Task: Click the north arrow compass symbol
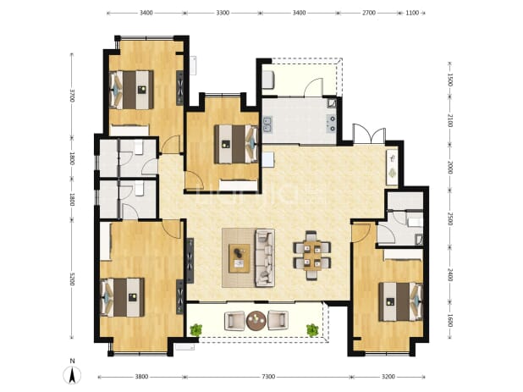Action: click(x=72, y=375)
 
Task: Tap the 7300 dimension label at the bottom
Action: click(x=268, y=377)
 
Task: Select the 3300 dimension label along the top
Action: click(x=223, y=13)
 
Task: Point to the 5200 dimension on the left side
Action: click(x=71, y=279)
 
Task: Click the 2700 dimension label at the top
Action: click(x=369, y=13)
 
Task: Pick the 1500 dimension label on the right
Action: click(x=449, y=80)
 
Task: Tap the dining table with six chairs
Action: click(x=312, y=255)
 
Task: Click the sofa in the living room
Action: click(x=265, y=257)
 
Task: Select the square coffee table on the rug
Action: click(x=239, y=258)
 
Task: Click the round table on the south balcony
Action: click(x=256, y=320)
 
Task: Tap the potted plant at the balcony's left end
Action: click(x=195, y=330)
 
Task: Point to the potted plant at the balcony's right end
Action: click(x=312, y=330)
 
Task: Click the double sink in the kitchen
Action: click(x=267, y=124)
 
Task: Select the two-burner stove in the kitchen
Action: click(x=332, y=123)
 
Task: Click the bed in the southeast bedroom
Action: click(x=400, y=301)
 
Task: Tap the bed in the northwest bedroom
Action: click(x=132, y=90)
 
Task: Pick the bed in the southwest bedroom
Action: click(x=123, y=297)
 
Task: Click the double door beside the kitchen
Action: click(x=369, y=134)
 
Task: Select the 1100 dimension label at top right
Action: click(x=412, y=13)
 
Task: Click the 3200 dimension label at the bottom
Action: click(x=388, y=377)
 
